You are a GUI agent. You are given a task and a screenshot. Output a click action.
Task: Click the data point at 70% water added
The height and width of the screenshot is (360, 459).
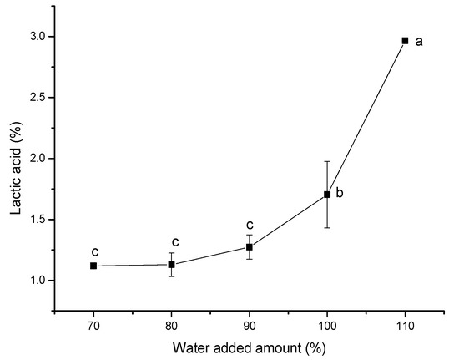point(93,266)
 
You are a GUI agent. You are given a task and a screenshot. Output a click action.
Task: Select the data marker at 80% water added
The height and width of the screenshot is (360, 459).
point(171,265)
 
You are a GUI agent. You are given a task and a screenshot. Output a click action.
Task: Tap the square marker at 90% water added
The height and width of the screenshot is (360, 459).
point(249,246)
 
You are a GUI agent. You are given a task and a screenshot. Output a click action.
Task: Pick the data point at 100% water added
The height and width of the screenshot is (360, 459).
point(327,195)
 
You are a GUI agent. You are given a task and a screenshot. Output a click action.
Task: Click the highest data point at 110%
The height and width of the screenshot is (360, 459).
point(405,40)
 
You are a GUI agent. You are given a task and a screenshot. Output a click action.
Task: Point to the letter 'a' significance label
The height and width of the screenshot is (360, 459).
point(421,40)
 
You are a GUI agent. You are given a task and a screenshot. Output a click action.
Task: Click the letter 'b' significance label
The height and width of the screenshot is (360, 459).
point(340,194)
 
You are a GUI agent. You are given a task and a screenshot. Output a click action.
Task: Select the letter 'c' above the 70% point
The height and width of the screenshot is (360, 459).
point(95,251)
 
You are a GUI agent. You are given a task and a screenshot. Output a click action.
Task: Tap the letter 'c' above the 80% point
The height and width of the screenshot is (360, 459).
point(174,242)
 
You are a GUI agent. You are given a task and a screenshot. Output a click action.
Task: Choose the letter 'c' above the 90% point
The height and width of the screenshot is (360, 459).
point(250,225)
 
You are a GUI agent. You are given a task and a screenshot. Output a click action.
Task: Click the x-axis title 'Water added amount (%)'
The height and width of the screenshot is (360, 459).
point(250,346)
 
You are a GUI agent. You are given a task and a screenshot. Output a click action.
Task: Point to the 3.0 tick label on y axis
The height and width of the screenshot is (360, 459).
point(37,37)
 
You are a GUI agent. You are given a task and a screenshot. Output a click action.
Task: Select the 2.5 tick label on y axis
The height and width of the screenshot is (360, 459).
point(37,98)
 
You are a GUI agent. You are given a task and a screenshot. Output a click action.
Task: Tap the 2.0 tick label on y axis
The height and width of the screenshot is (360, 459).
point(37,159)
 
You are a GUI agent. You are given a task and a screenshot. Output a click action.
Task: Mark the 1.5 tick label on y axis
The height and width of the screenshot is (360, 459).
point(37,220)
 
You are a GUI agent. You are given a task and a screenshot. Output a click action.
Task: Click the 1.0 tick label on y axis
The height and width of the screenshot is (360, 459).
point(37,281)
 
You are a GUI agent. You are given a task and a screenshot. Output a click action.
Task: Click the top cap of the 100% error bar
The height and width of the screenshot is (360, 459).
point(327,161)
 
